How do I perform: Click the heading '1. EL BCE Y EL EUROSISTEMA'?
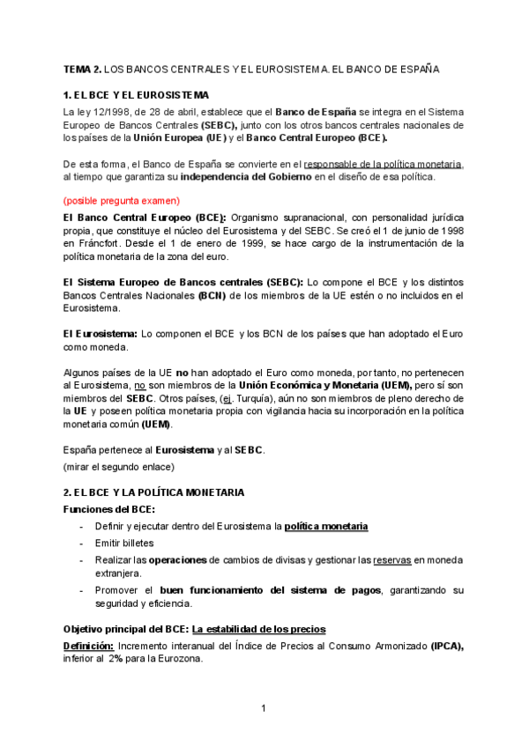136,94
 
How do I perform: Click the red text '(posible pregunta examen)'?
121,200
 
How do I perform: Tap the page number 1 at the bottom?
264,706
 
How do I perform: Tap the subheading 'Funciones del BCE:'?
108,508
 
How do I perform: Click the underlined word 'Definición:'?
87,645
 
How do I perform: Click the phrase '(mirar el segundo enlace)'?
119,466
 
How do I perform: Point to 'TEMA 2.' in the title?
83,68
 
